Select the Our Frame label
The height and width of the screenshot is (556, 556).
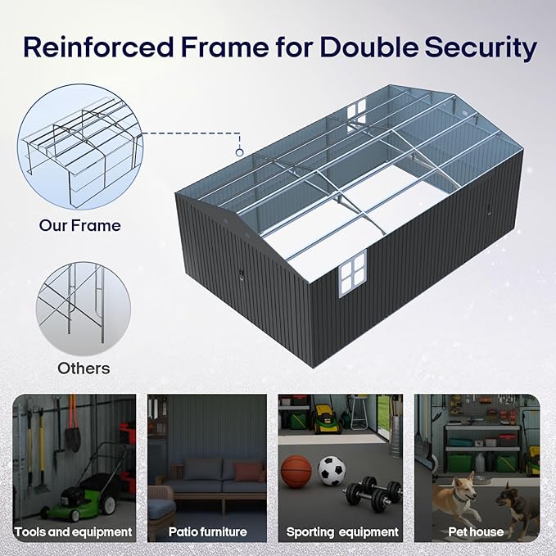[x=80, y=224]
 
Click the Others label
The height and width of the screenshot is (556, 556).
[x=84, y=368]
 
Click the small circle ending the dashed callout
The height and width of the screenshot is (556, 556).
[x=239, y=151]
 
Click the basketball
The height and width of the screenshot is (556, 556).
[x=296, y=472]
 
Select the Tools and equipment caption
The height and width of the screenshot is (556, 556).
[x=74, y=532]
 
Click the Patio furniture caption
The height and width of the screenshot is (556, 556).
[x=207, y=532]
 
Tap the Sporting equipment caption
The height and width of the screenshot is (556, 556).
[x=342, y=532]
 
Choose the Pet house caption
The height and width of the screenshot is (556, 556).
[x=476, y=532]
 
